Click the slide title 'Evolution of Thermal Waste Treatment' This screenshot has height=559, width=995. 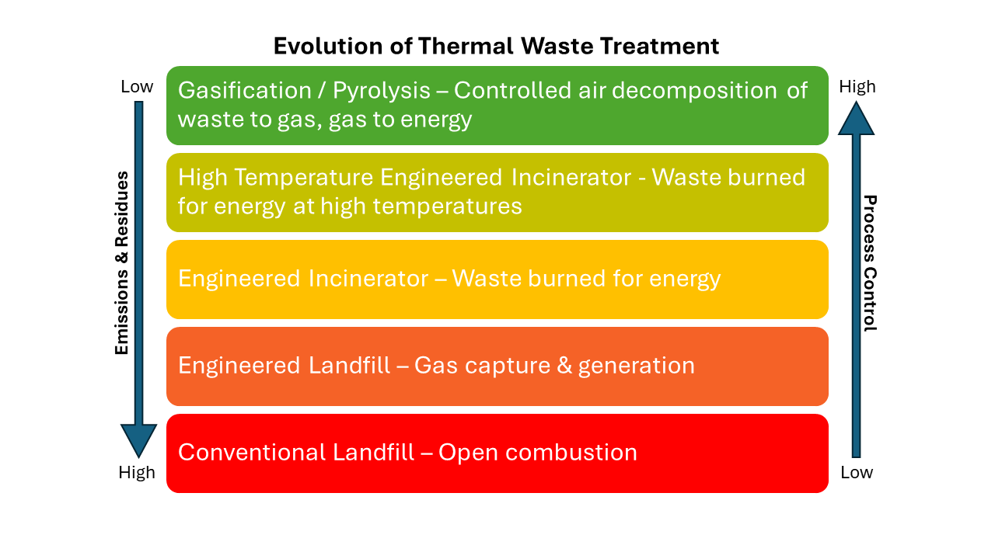(496, 46)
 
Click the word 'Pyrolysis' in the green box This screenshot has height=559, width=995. (382, 91)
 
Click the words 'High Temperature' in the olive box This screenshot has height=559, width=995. (275, 178)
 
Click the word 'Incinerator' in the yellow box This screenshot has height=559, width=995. (368, 279)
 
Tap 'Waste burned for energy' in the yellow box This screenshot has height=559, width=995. (586, 279)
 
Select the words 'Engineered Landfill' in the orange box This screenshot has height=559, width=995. (284, 366)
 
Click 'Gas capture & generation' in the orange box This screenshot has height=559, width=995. (554, 366)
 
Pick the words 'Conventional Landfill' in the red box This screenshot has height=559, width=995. (296, 453)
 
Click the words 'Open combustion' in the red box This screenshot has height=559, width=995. (537, 453)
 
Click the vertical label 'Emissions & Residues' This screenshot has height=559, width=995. (122, 263)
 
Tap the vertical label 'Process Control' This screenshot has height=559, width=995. (871, 263)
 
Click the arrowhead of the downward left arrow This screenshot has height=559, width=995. (138, 440)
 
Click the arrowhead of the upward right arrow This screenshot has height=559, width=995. (856, 119)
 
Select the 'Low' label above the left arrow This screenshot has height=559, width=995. (137, 87)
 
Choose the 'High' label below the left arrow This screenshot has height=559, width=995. (137, 472)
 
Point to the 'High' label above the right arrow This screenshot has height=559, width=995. (857, 87)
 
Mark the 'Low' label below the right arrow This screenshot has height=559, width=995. (857, 472)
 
